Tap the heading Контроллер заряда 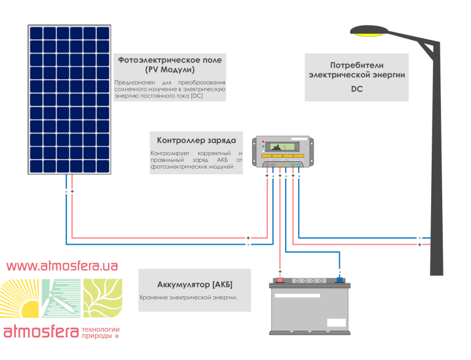196,140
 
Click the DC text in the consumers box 356,89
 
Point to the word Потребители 356,64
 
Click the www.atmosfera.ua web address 62,266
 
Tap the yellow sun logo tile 20,299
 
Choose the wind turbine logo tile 61,299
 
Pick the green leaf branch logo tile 102,299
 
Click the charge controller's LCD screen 281,147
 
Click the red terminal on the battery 280,280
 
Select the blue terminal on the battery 339,280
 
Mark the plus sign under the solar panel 72,191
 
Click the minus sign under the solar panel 66,191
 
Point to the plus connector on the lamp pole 419,245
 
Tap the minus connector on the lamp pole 419,237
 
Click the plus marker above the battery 280,271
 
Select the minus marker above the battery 339,271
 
